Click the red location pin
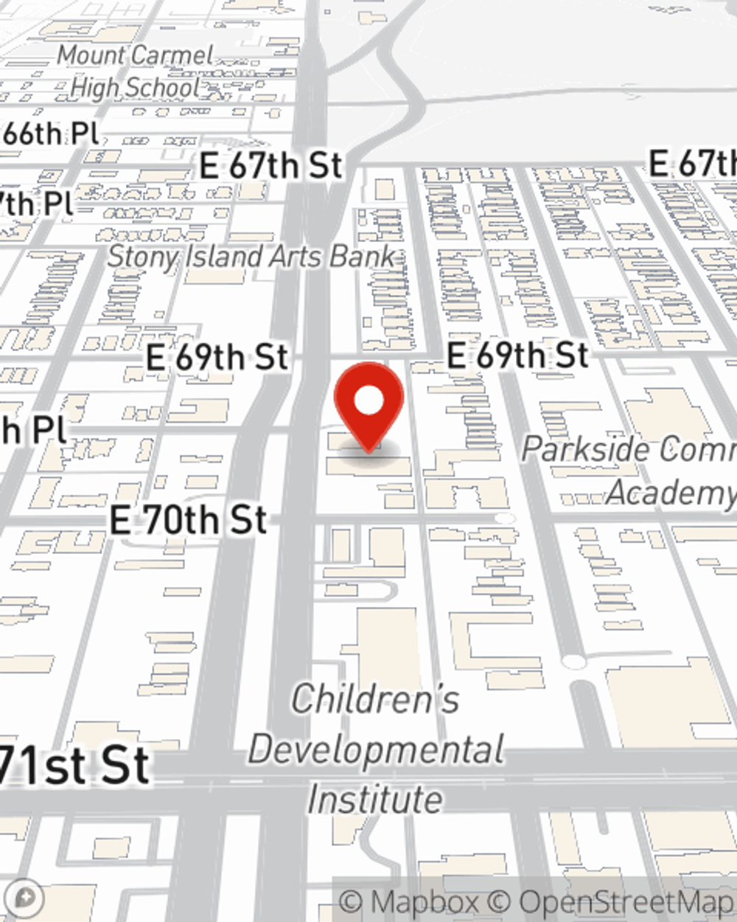tap(368, 406)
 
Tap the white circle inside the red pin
tap(368, 402)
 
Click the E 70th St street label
tap(188, 519)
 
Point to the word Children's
tap(375, 699)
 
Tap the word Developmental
tap(376, 749)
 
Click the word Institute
tap(375, 800)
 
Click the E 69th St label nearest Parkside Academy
tap(517, 356)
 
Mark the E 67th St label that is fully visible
tap(271, 165)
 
